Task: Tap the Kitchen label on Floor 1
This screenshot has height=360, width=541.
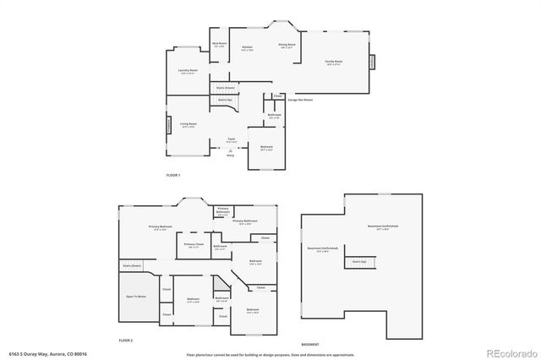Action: click(x=247, y=48)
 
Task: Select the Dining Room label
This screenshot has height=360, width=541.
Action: click(x=287, y=45)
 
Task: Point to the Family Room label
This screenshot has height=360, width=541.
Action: click(x=334, y=62)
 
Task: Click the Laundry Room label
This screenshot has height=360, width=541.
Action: click(x=188, y=72)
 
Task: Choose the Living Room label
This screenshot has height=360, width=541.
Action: click(x=189, y=123)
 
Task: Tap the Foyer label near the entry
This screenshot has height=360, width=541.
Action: click(x=230, y=139)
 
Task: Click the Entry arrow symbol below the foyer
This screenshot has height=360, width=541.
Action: click(x=230, y=150)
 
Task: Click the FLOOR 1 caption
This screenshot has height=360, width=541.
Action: click(x=172, y=175)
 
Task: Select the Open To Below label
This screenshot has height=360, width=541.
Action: click(x=136, y=297)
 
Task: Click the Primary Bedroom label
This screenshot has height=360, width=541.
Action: click(x=161, y=226)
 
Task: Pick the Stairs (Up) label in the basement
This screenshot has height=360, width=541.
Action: click(x=359, y=261)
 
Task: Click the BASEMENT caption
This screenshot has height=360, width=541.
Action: click(x=310, y=345)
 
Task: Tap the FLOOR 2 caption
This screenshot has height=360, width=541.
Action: click(x=126, y=339)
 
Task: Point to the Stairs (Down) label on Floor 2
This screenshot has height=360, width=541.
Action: click(x=133, y=265)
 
